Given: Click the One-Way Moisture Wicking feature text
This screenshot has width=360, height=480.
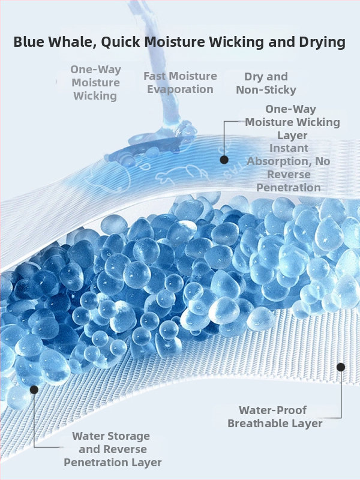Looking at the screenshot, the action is pyautogui.click(x=95, y=83).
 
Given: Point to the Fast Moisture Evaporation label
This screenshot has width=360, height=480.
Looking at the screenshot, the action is pyautogui.click(x=181, y=83).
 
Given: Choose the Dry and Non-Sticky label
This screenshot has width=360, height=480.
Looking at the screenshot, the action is pyautogui.click(x=266, y=83).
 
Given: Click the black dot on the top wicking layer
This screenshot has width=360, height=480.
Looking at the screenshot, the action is pyautogui.click(x=224, y=160).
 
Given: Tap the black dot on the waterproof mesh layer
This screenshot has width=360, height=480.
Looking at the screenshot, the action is pyautogui.click(x=341, y=367).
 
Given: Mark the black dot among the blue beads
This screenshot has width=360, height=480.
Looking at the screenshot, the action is pyautogui.click(x=34, y=389).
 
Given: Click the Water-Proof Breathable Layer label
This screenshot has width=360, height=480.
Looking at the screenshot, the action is pyautogui.click(x=275, y=416).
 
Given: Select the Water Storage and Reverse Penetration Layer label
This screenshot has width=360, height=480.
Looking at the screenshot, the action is pyautogui.click(x=113, y=449).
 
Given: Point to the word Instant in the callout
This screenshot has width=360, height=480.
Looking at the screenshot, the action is pyautogui.click(x=289, y=148).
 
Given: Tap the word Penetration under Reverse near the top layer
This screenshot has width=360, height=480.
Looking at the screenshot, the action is pyautogui.click(x=289, y=188).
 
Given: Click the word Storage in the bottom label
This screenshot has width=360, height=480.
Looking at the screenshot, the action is pyautogui.click(x=131, y=437).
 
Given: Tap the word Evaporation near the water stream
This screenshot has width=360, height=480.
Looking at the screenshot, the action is pyautogui.click(x=180, y=89).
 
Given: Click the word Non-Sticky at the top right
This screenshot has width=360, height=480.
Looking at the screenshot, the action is pyautogui.click(x=266, y=90).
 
